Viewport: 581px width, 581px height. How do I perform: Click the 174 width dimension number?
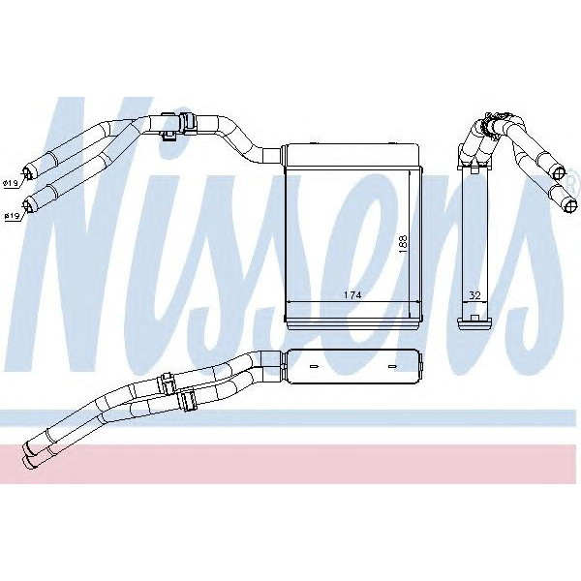352,295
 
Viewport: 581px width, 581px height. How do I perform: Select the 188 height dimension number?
403,244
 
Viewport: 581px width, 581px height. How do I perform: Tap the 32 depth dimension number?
474,295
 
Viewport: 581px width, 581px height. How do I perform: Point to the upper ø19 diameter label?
10,183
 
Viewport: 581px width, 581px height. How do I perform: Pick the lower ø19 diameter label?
12,216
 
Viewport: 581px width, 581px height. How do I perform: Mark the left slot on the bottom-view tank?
314,366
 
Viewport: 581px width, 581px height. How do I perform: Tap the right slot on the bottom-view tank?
391,366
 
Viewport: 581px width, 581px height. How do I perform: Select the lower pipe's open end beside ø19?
28,206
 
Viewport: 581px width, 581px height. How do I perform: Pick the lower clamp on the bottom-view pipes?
189,401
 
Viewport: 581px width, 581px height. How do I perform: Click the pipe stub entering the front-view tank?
271,156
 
